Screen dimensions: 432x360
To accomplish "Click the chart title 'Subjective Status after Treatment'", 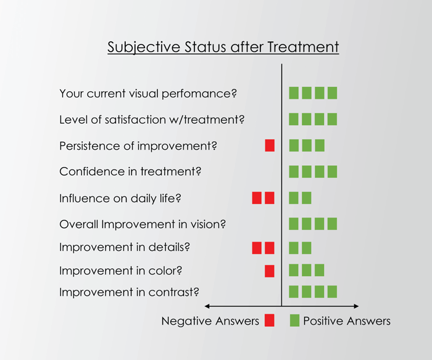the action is click(x=223, y=47).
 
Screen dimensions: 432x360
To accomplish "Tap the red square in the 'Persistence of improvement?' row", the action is click(x=270, y=145).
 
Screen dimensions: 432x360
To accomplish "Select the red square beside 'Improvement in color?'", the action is click(x=270, y=271).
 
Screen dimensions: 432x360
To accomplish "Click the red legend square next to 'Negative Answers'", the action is click(x=270, y=321).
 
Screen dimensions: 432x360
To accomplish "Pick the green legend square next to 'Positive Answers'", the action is click(x=294, y=321).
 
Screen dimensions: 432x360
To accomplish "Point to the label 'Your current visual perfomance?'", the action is click(x=148, y=94).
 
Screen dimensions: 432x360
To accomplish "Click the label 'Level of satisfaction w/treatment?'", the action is click(x=152, y=120).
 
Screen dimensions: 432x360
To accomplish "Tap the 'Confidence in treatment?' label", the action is click(x=130, y=171).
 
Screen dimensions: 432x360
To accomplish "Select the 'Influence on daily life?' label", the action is click(x=120, y=198).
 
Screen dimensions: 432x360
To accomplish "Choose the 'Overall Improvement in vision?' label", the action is click(x=143, y=224).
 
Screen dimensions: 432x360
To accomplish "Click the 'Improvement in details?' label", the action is click(x=125, y=247).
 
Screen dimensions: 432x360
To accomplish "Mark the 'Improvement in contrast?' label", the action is click(x=129, y=292).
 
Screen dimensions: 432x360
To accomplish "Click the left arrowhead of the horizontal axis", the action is click(x=207, y=306).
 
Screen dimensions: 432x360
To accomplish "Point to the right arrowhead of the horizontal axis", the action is click(x=356, y=306).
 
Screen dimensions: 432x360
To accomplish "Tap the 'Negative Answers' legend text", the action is click(x=210, y=321).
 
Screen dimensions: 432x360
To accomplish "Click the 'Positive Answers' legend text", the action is click(x=347, y=321).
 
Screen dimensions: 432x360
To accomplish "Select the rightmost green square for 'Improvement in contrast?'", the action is click(x=332, y=292).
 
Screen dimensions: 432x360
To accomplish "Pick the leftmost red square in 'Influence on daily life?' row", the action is click(x=257, y=198).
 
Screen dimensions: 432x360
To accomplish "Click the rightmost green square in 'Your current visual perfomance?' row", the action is click(x=332, y=93).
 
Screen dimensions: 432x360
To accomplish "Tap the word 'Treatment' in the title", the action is click(x=303, y=47).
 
